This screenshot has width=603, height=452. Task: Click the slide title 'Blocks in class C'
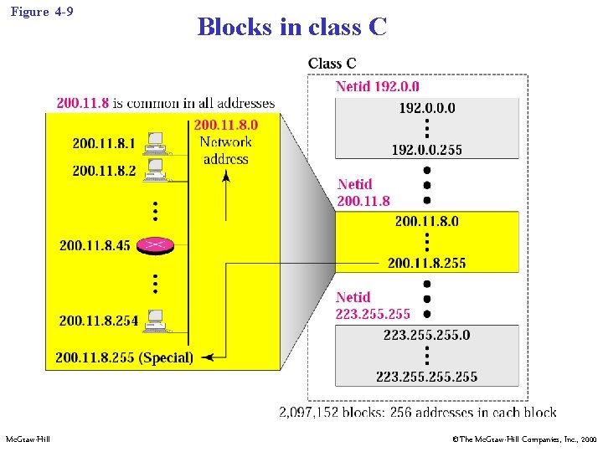pos(291,27)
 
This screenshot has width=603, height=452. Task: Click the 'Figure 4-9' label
pos(41,12)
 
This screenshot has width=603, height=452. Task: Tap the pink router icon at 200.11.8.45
pos(155,244)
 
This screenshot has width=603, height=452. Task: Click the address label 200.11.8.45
pos(95,245)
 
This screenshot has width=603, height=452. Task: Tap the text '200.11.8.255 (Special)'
pos(124,357)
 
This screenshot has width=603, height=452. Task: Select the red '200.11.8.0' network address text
pos(225,125)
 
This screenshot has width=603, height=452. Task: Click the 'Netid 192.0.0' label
pos(378,86)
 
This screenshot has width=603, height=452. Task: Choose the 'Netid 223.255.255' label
pos(373,306)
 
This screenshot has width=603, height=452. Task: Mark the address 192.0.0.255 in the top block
pos(426,150)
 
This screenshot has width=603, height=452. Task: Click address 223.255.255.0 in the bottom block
pos(426,335)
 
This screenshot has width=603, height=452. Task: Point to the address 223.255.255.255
pos(426,377)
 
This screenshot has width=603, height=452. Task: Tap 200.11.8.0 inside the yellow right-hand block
pos(426,221)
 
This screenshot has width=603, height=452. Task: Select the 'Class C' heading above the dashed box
pos(332,64)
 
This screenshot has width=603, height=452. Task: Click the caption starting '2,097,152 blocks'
pos(417,412)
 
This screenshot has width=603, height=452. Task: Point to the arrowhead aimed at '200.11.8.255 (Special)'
pos(207,357)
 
